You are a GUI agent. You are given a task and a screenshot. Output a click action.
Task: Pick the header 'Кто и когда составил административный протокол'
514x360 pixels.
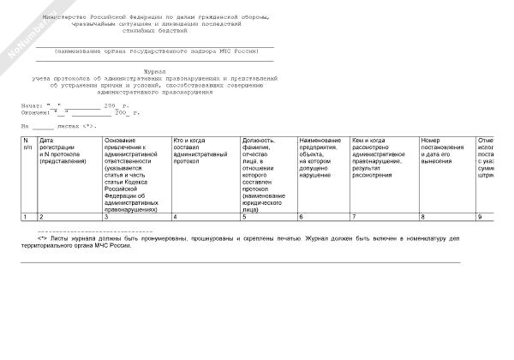point(205,150)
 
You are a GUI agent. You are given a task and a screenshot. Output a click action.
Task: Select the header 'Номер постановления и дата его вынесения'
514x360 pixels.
point(445,150)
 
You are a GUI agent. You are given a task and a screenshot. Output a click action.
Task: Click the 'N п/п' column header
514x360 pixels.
point(27,144)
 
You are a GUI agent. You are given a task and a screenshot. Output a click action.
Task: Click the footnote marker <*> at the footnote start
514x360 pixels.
point(42,237)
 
